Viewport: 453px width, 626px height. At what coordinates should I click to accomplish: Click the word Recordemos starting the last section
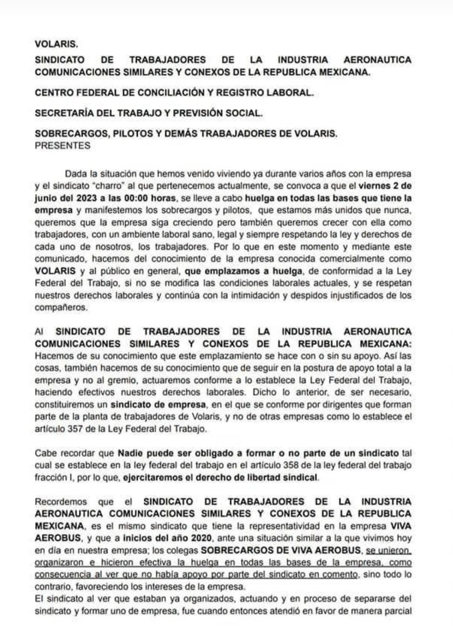coord(62,502)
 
